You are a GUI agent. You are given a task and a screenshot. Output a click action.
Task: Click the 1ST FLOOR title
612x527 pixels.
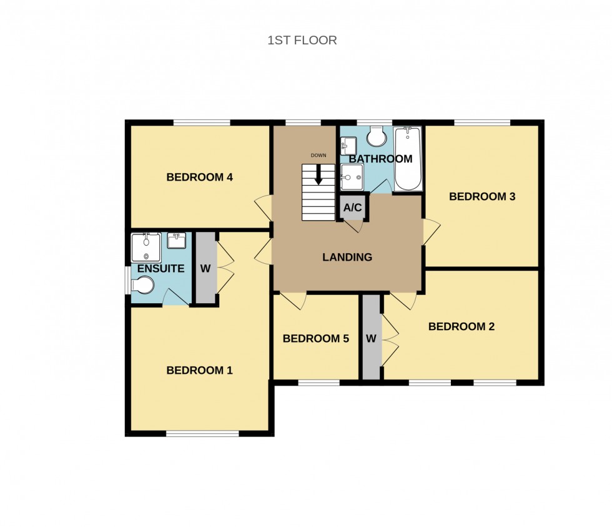tap(302, 41)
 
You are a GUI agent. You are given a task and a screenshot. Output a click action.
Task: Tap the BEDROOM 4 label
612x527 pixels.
tap(199, 178)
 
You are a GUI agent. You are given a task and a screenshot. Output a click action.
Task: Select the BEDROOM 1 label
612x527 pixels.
tap(199, 371)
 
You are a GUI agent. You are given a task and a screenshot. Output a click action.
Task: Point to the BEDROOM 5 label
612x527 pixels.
tap(315, 339)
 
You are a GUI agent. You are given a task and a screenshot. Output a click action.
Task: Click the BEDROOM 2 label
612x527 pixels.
tap(461, 326)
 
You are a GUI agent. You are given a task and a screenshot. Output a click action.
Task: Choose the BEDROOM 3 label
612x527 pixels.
tap(482, 197)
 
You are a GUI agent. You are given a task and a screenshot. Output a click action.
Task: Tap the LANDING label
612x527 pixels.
tap(347, 257)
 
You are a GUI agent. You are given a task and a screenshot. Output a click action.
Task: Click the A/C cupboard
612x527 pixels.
tap(353, 208)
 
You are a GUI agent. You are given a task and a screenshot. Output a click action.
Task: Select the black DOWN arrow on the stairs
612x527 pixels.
tap(318, 174)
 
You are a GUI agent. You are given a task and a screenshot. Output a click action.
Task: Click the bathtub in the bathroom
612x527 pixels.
tap(408, 159)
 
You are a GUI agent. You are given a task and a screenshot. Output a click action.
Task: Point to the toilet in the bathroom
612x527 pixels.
tap(377, 135)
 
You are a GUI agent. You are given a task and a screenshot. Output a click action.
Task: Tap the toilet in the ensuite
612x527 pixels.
tap(143, 285)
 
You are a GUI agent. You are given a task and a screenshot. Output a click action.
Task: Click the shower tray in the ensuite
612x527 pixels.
tap(146, 248)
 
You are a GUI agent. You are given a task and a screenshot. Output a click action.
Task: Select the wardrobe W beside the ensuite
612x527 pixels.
tap(205, 269)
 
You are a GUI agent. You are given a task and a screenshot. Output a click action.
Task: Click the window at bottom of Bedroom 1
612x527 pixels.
tap(202, 433)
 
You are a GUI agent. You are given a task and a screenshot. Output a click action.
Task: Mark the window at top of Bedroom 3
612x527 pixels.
tap(481, 123)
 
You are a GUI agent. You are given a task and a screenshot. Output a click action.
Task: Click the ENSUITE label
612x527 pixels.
tap(160, 269)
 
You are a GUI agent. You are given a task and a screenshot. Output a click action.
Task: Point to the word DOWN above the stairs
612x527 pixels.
tap(318, 155)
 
